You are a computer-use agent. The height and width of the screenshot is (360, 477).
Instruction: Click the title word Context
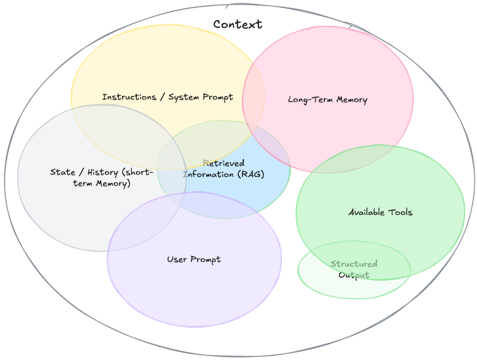(x=237, y=24)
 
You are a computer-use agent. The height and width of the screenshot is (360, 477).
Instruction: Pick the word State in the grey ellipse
(x=62, y=172)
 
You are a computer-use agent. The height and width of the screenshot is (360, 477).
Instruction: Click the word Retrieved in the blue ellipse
(x=223, y=164)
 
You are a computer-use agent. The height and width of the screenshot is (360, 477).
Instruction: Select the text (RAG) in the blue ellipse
(x=250, y=174)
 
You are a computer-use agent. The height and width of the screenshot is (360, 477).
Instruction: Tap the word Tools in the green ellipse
(x=400, y=212)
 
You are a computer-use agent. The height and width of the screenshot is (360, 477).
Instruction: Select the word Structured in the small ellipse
(x=354, y=264)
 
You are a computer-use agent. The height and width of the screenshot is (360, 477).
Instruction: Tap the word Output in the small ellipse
(x=354, y=275)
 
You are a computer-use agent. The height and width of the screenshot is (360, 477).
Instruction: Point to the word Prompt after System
(x=218, y=97)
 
